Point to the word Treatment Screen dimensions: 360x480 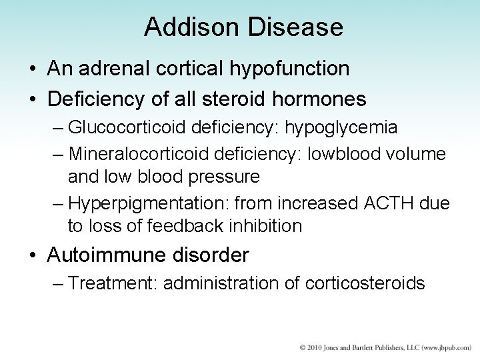click(111, 283)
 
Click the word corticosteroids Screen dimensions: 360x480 click(365, 283)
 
